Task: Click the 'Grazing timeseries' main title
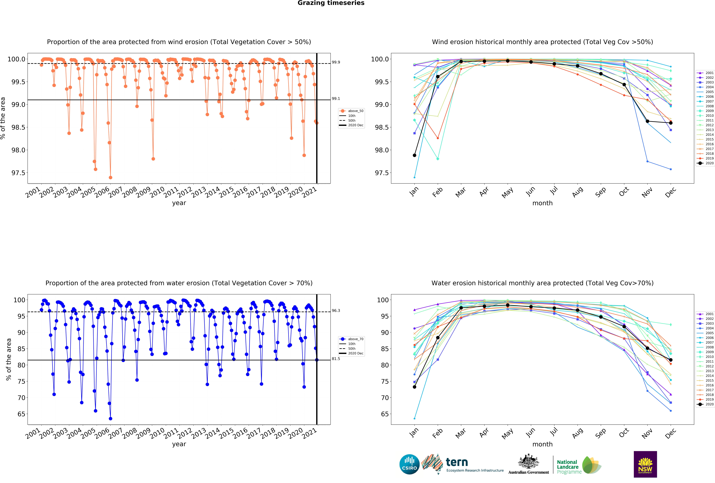(x=331, y=3)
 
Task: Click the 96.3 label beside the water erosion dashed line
(x=336, y=311)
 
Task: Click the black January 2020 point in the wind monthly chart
(x=414, y=155)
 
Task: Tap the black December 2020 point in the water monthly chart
(x=671, y=360)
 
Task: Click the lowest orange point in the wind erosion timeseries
(x=110, y=177)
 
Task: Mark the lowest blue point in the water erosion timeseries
(x=110, y=418)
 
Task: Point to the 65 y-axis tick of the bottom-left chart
(x=21, y=414)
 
